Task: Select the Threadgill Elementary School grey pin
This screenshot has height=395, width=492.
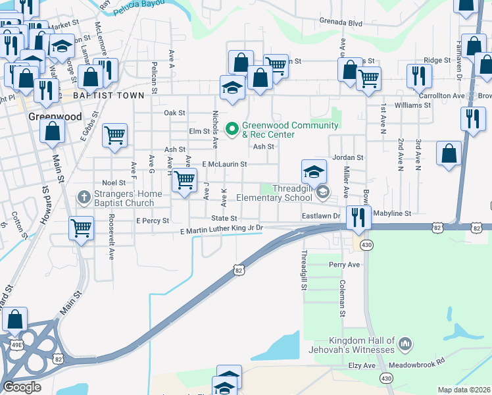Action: click(x=322, y=192)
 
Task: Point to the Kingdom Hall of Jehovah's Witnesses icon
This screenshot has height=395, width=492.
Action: click(x=405, y=343)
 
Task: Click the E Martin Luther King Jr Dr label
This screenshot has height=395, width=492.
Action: click(x=222, y=228)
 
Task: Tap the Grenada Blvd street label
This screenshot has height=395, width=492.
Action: click(x=341, y=22)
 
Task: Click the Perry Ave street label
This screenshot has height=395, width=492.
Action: click(x=345, y=265)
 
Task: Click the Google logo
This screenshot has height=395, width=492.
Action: click(x=22, y=386)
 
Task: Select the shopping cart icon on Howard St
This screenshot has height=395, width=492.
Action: click(x=81, y=228)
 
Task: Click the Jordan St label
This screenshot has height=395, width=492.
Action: click(x=348, y=158)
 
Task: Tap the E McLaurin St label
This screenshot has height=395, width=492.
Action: click(x=224, y=164)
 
